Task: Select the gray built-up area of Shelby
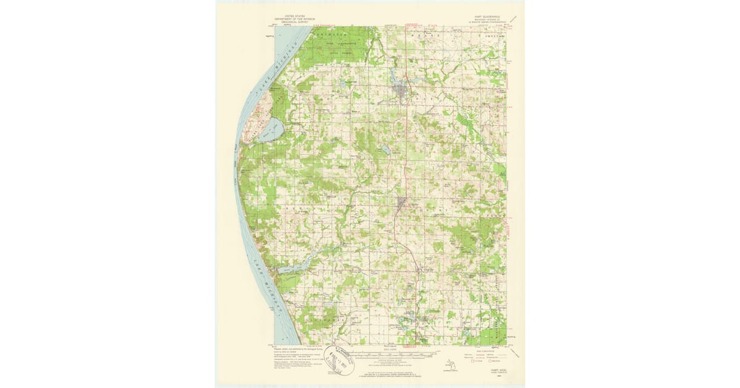pos(401,204)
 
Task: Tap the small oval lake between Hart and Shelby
pos(384,150)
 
